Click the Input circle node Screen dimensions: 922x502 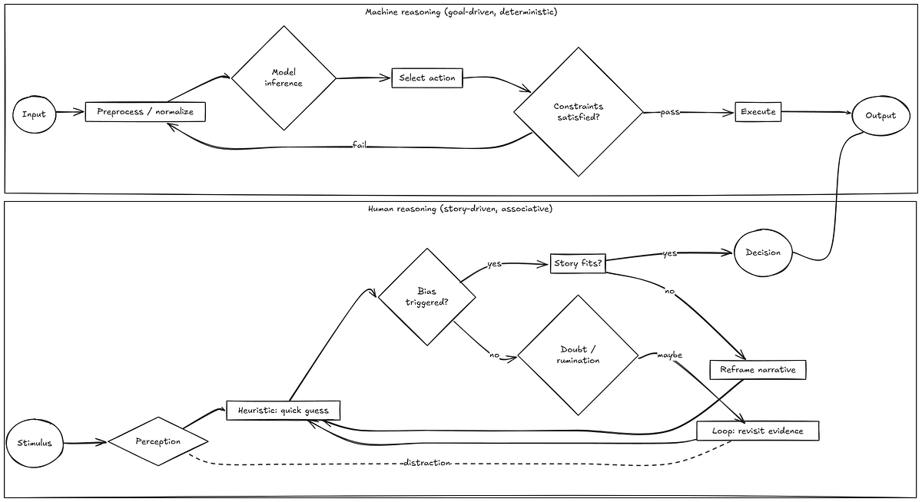(x=34, y=114)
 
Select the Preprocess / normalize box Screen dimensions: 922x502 (x=145, y=112)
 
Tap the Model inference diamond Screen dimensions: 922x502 (x=284, y=78)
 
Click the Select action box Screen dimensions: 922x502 (x=427, y=78)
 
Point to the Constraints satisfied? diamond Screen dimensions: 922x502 (x=579, y=112)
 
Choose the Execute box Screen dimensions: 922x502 (x=758, y=112)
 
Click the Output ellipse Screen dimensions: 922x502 (x=881, y=116)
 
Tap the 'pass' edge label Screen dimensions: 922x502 (x=670, y=112)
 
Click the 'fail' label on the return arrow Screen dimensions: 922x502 (x=360, y=145)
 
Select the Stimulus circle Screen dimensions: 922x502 (x=35, y=443)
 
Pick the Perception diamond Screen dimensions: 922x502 (x=158, y=441)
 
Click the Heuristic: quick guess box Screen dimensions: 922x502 (x=284, y=411)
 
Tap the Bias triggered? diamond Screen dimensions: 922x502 (x=427, y=297)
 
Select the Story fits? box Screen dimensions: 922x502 (x=578, y=263)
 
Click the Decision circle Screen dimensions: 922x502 (x=763, y=253)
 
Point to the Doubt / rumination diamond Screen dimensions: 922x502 (x=578, y=355)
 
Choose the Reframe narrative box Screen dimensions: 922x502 (x=758, y=370)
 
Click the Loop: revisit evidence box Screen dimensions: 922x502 (x=758, y=431)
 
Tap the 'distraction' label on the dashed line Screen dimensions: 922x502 (x=427, y=463)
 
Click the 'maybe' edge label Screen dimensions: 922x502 (x=669, y=355)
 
